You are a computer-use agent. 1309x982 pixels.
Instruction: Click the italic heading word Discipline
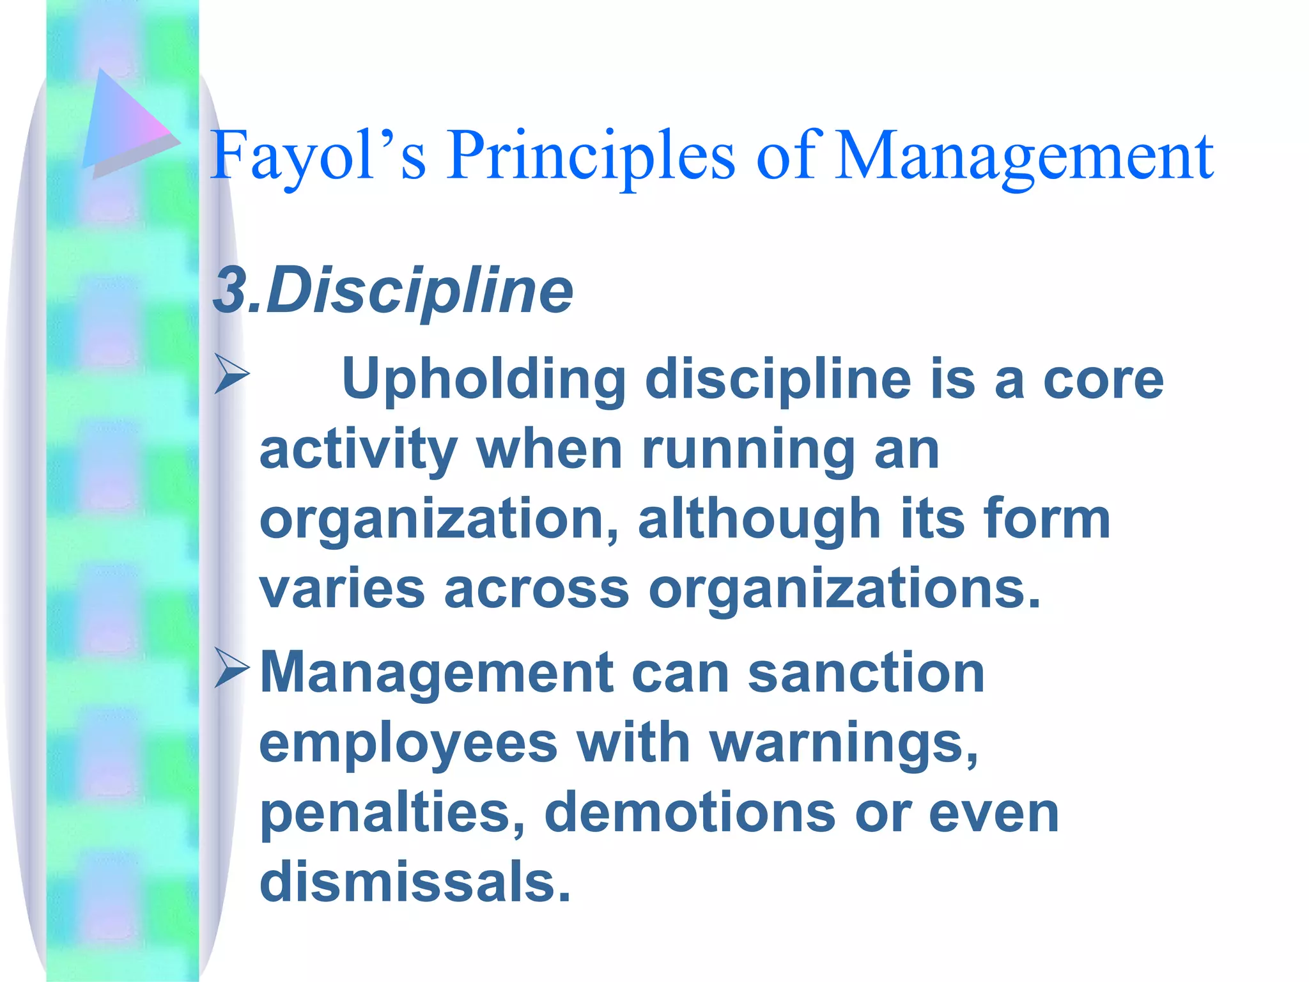click(419, 291)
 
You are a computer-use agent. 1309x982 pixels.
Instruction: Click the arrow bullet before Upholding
click(231, 375)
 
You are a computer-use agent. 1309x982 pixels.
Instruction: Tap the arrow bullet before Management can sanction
click(231, 669)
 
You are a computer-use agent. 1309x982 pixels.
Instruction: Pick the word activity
click(358, 450)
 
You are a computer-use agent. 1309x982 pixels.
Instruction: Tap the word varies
click(342, 589)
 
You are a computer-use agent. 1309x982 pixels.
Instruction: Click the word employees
click(408, 744)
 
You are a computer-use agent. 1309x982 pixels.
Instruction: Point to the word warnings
click(844, 744)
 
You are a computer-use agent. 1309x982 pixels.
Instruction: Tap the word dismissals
click(415, 882)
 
